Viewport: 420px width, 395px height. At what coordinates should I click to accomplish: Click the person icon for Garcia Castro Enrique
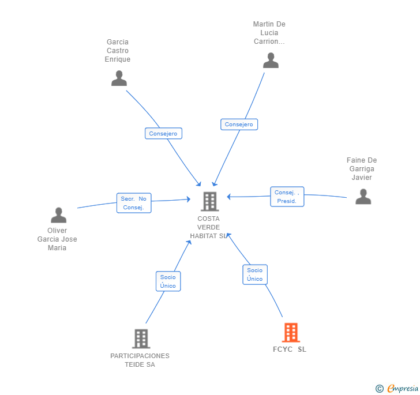pos(119,78)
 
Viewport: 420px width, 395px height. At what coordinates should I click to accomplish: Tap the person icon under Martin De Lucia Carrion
pos(271,61)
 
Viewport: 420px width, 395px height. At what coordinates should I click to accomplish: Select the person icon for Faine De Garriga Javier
pos(363,197)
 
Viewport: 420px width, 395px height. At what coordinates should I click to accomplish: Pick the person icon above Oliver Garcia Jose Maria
pos(58,215)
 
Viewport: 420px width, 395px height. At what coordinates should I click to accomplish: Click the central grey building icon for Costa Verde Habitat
pos(209,201)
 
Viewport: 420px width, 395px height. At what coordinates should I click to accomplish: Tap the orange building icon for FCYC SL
pos(291,333)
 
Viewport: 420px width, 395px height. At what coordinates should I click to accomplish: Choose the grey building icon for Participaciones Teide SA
pos(141,338)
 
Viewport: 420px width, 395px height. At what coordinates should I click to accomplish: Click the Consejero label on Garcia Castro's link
pos(163,133)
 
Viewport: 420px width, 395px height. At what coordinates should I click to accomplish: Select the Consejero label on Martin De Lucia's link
pos(239,124)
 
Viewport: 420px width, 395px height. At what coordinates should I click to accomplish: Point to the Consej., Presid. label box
pos(287,197)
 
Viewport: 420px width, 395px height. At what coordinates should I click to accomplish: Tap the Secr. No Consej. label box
pos(133,203)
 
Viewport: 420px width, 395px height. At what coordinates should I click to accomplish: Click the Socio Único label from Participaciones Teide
pos(168,281)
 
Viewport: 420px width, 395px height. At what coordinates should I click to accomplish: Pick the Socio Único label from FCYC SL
pos(254,274)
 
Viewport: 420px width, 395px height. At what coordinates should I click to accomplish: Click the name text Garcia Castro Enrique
pos(118,51)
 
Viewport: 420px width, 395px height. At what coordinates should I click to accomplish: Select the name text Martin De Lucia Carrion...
pos(269,33)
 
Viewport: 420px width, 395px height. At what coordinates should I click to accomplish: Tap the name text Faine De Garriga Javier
pos(362,169)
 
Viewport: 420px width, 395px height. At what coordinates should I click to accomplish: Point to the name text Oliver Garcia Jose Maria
pos(57,239)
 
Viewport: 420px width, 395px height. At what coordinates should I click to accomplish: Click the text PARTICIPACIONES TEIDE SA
pos(140,360)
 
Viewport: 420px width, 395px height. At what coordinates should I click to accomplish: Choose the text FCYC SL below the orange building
pos(290,349)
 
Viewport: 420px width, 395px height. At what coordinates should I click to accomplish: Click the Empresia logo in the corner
pos(397,389)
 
